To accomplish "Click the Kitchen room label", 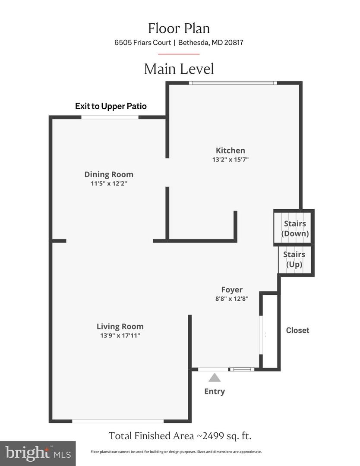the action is (231, 151).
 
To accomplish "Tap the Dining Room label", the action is (109, 174).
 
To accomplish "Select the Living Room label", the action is (120, 326).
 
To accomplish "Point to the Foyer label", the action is (232, 290).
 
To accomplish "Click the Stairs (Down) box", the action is (294, 228).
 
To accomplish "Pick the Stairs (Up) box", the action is (296, 260).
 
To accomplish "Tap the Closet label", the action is (297, 330).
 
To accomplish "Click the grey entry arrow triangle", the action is (215, 378).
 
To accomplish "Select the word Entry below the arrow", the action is (215, 391).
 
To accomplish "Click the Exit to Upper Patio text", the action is (111, 106).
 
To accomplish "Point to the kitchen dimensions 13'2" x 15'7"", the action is (231, 160).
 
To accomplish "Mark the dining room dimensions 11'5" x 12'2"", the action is (109, 184).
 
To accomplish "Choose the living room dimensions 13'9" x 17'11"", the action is (120, 336).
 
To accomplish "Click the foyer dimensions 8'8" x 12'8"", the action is (232, 299).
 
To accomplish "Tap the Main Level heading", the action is (179, 69).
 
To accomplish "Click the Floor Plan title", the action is (179, 28).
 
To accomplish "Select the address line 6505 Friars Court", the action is (143, 42).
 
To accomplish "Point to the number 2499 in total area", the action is (214, 436).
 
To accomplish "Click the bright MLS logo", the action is (38, 453).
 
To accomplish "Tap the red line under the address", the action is (179, 54).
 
